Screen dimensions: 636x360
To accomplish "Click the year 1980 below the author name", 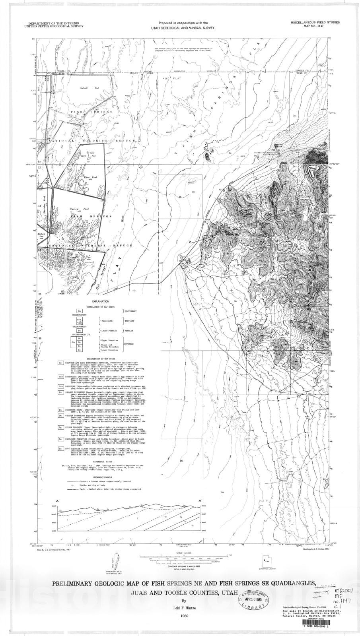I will tap(184, 617).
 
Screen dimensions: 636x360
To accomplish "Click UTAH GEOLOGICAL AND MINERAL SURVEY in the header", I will tap(183, 28).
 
